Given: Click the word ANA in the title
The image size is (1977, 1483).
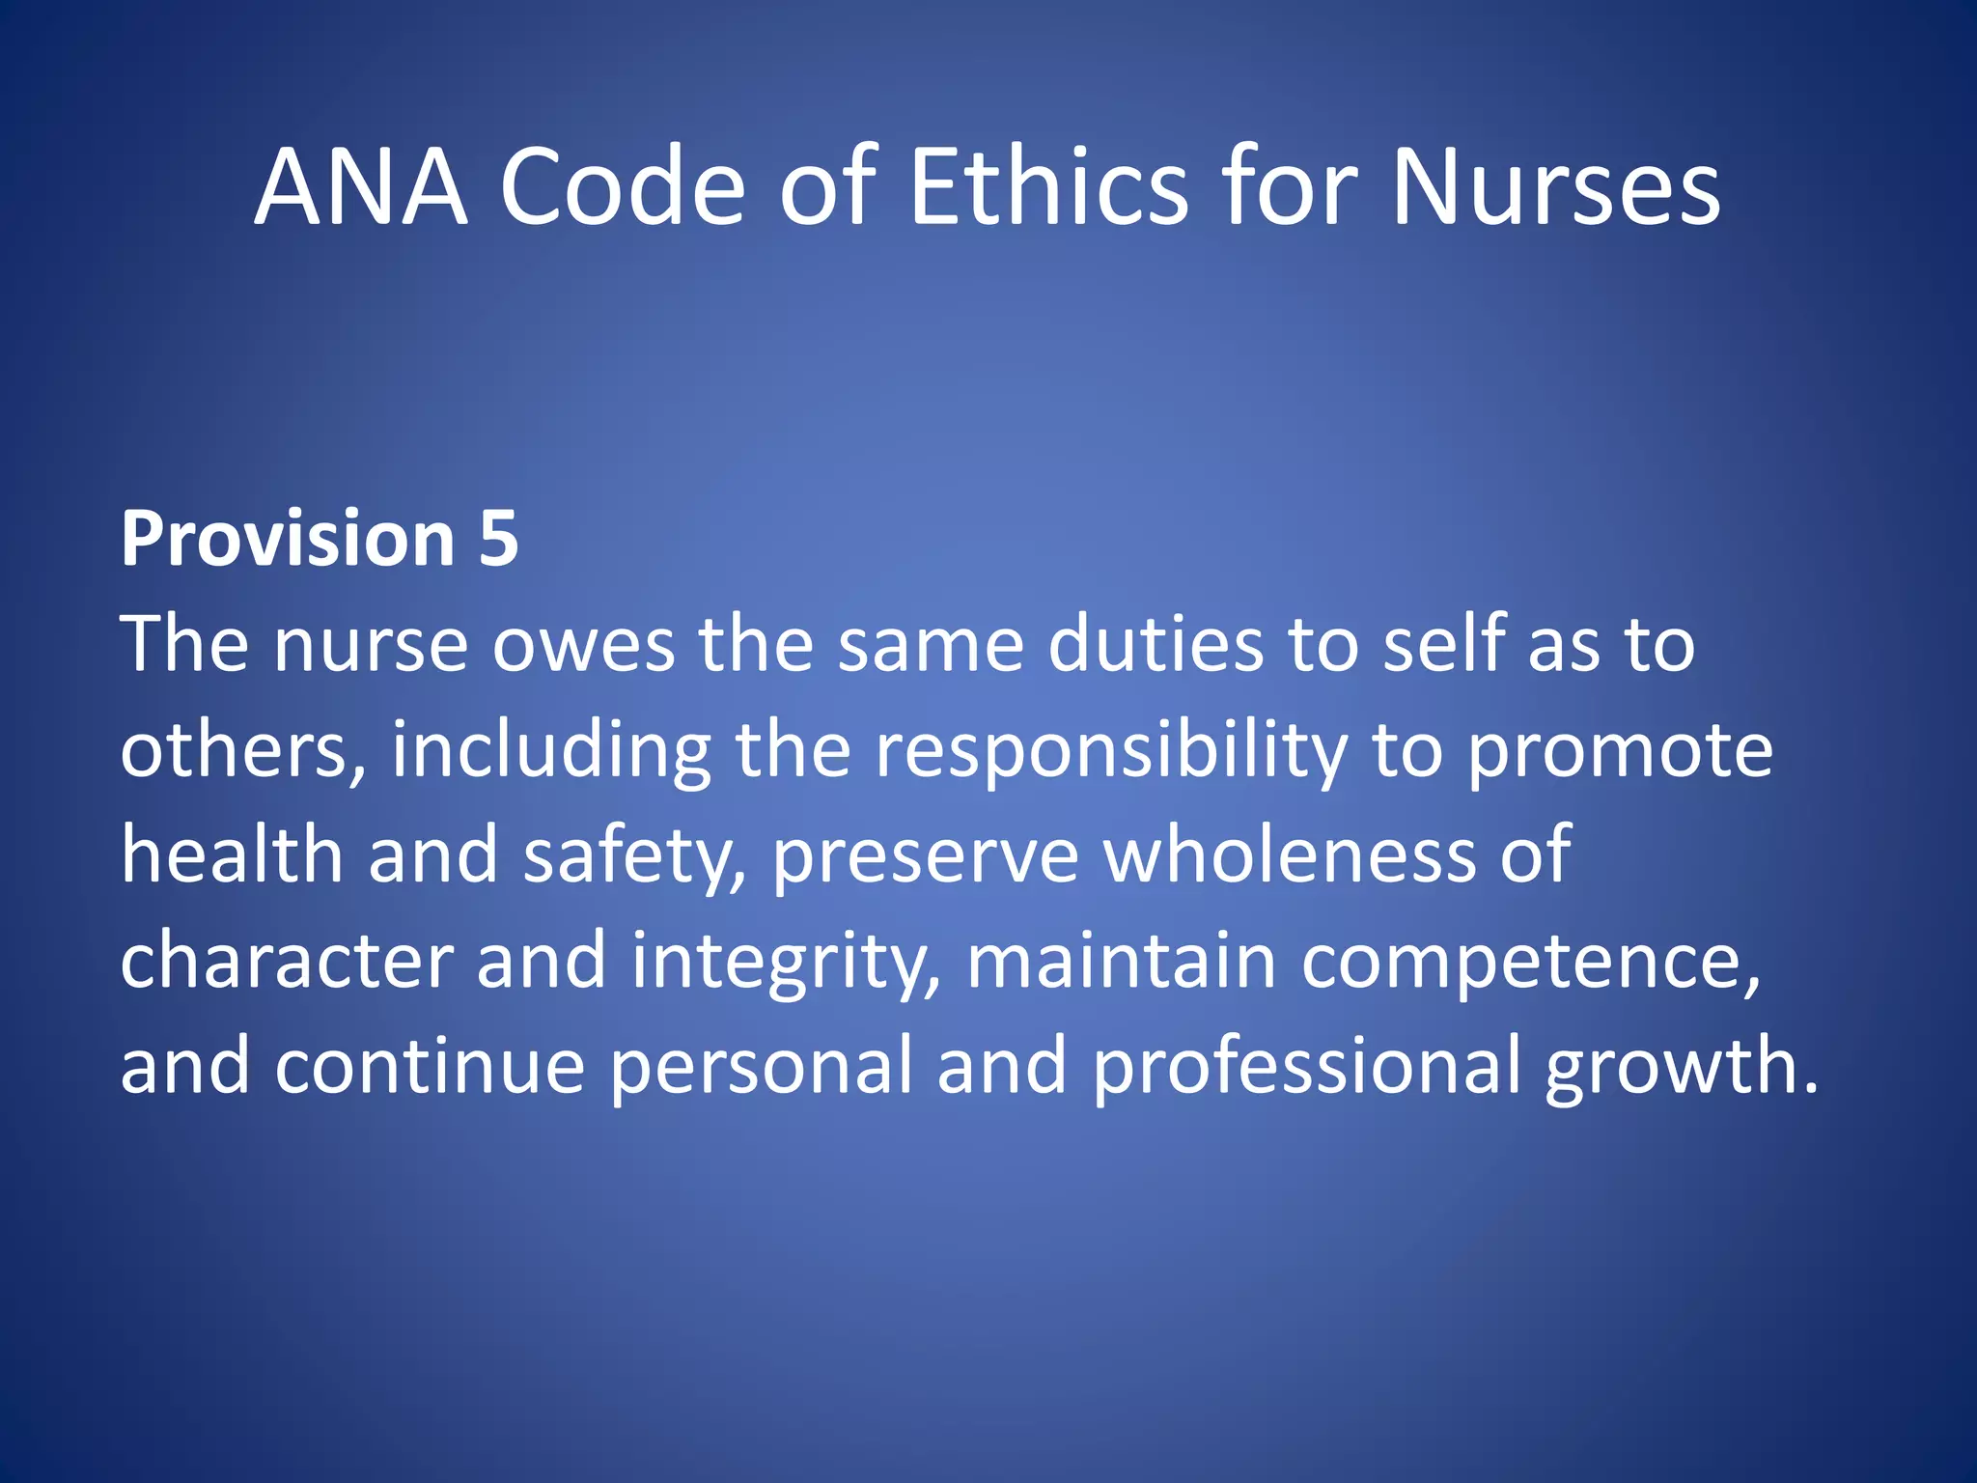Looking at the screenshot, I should (x=361, y=187).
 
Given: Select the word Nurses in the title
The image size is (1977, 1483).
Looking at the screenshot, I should (x=1555, y=187).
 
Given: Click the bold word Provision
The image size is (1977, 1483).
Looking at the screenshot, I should (x=288, y=539).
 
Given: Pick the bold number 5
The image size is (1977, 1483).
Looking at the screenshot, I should (x=498, y=539).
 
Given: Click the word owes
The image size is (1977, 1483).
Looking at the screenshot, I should (x=583, y=645).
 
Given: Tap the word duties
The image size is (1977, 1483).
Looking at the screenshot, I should (x=1155, y=645).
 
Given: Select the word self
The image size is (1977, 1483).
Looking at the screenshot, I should (x=1443, y=645).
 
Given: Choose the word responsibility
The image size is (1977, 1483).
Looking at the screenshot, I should (x=1110, y=751).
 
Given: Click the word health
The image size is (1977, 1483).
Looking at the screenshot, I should (x=232, y=855).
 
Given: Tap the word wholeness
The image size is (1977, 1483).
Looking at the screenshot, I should (x=1290, y=855).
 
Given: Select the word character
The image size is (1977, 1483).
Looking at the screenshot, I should (x=287, y=962).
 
